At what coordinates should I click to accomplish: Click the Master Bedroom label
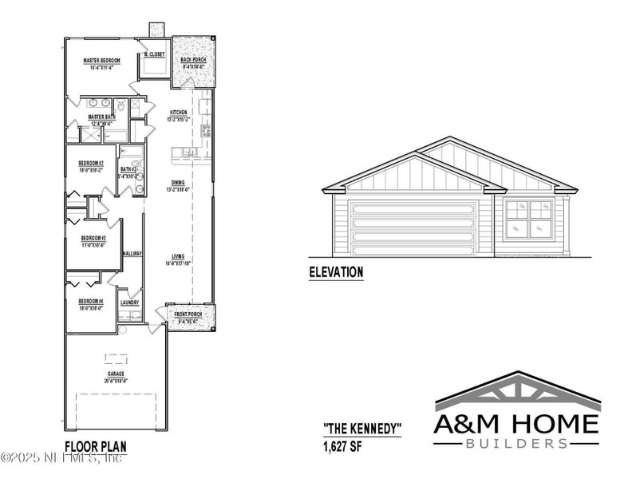pyautogui.click(x=101, y=60)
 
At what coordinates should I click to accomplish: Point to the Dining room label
pyautogui.click(x=178, y=182)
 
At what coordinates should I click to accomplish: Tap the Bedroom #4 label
pyautogui.click(x=90, y=301)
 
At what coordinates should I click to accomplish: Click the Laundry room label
pyautogui.click(x=130, y=303)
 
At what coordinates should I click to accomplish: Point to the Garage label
pyautogui.click(x=116, y=373)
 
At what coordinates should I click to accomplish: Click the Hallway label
pyautogui.click(x=132, y=253)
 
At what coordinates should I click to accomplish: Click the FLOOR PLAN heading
pyautogui.click(x=95, y=446)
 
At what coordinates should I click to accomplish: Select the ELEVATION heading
pyautogui.click(x=336, y=273)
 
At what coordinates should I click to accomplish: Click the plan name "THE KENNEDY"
pyautogui.click(x=361, y=429)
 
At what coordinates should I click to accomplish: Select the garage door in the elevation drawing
pyautogui.click(x=414, y=226)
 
